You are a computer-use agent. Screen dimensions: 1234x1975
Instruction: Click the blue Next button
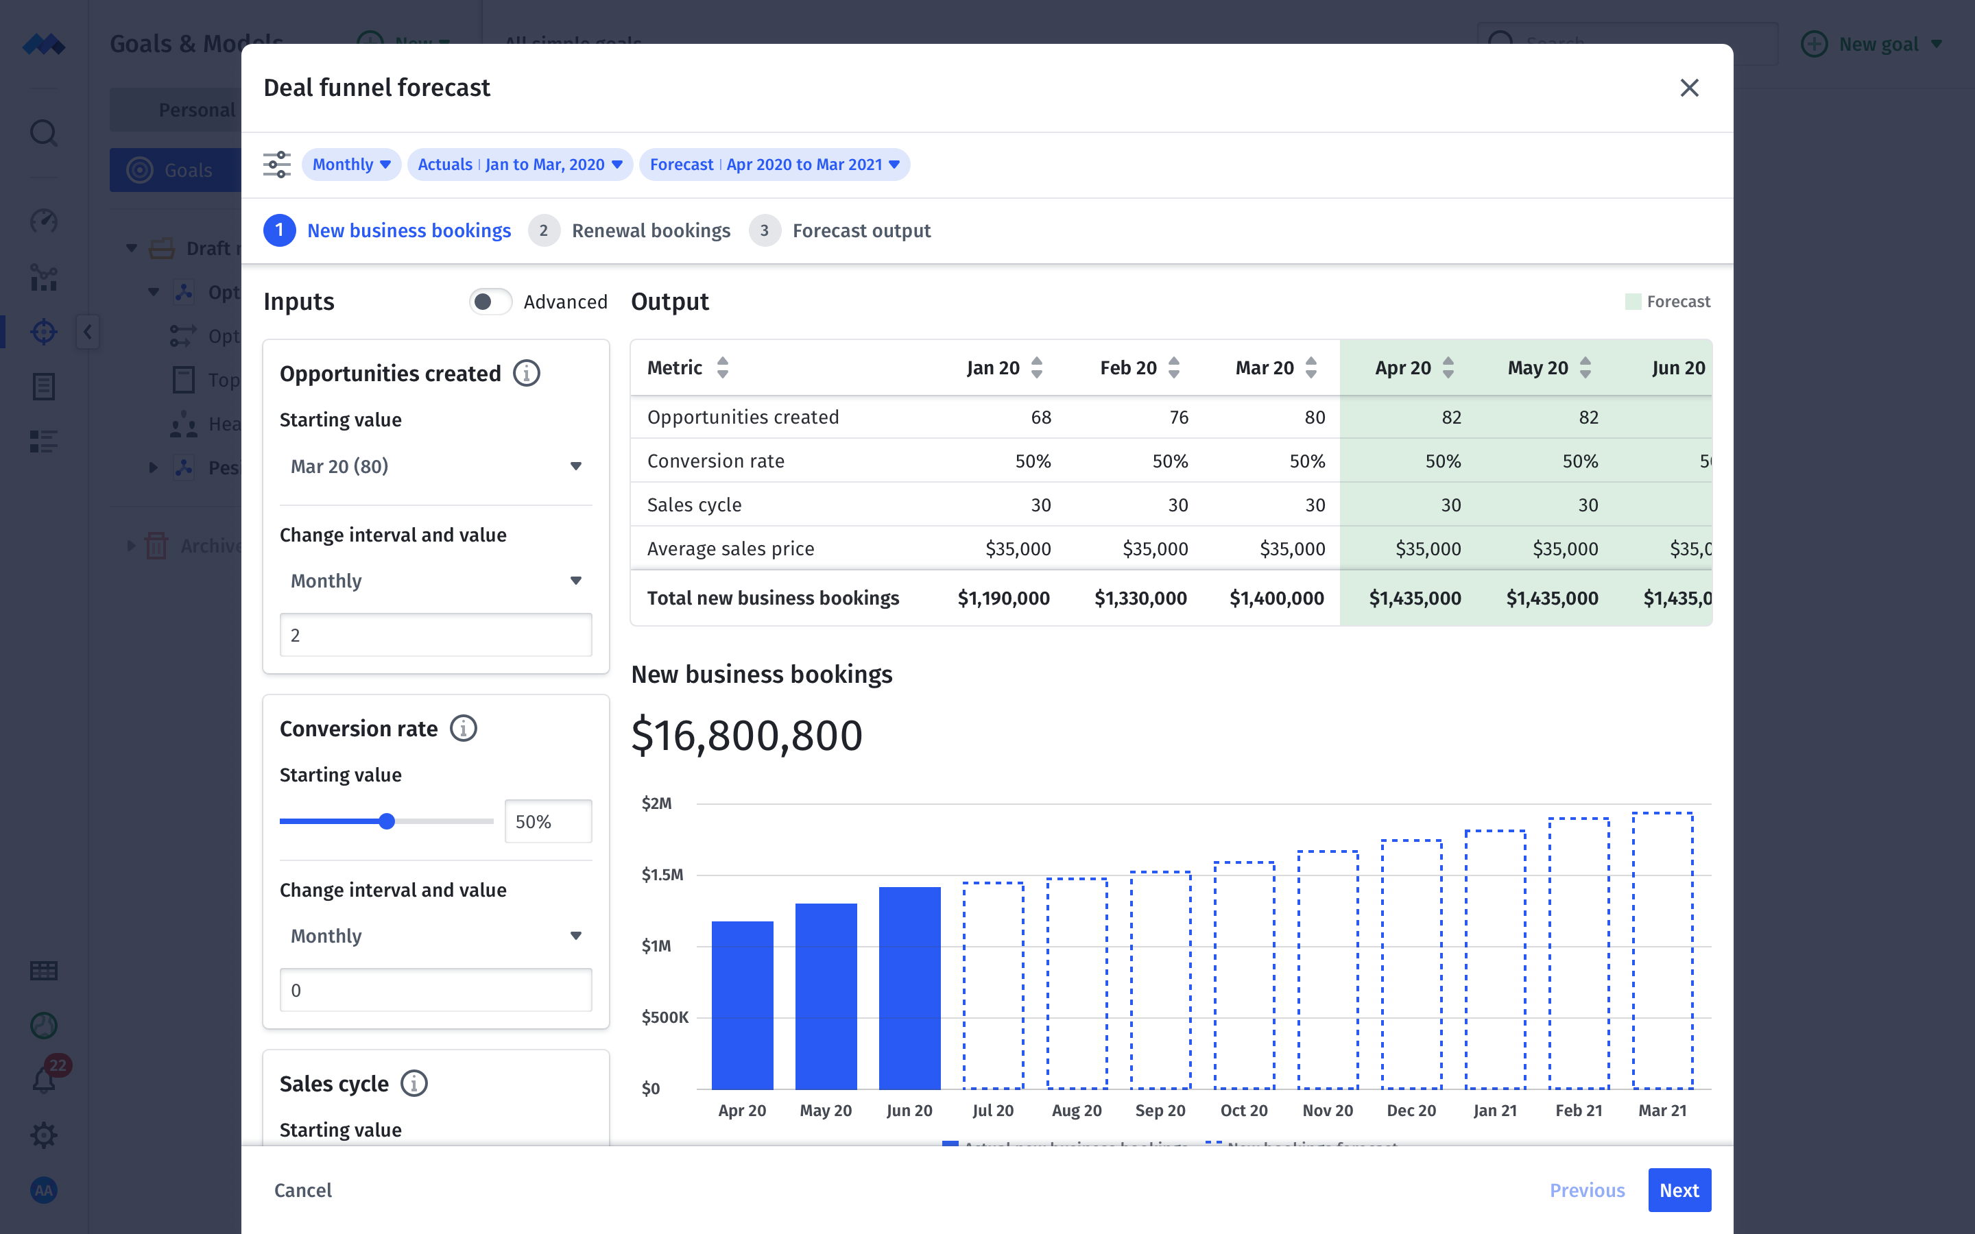[x=1679, y=1190]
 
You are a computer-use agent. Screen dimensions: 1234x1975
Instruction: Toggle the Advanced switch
[x=490, y=302]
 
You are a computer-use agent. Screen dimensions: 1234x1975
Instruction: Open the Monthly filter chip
[x=351, y=165]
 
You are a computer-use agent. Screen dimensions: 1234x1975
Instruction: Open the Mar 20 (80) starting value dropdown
[x=435, y=466]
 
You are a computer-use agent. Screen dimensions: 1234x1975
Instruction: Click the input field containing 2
[x=435, y=635]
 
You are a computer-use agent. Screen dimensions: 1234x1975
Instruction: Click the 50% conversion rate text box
[x=548, y=821]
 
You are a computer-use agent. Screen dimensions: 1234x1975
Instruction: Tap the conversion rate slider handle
[x=387, y=821]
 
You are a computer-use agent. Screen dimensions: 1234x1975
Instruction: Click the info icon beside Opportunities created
[x=527, y=374]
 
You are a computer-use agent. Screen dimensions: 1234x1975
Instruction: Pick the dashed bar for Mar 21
[x=1662, y=951]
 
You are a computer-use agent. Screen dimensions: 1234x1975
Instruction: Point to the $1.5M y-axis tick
[x=662, y=875]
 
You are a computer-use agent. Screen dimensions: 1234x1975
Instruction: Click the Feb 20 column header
[x=1128, y=368]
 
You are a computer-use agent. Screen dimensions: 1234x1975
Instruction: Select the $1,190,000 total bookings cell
[x=1003, y=598]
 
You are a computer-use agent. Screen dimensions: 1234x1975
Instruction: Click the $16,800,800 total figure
[x=746, y=736]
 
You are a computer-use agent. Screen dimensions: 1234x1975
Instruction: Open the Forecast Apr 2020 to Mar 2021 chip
[x=774, y=165]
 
